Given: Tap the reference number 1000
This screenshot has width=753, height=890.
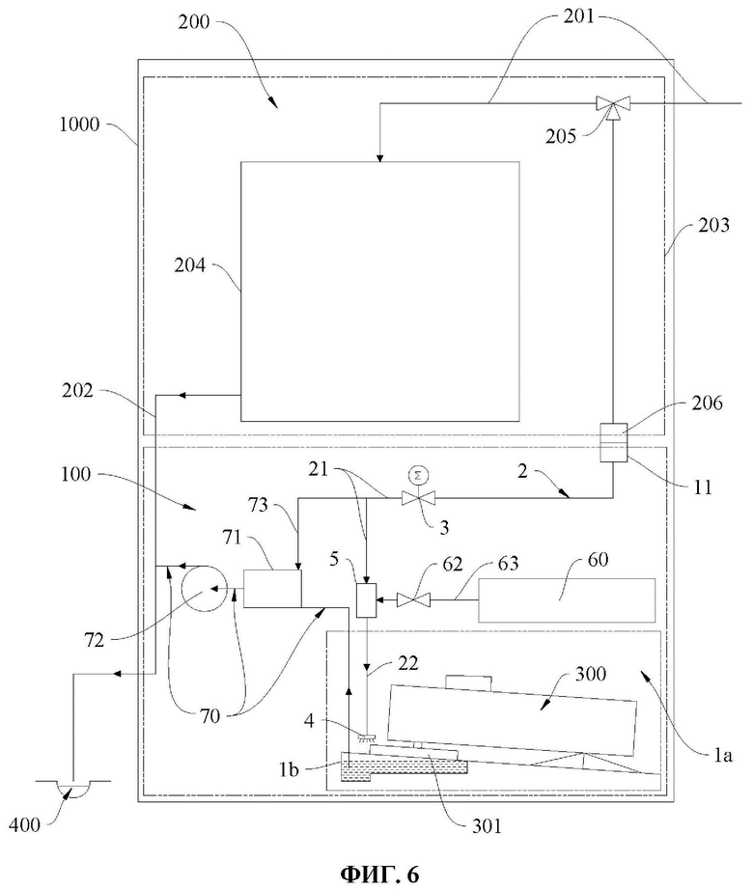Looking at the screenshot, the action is click(79, 125).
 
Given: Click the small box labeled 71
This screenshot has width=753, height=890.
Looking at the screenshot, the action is click(272, 588).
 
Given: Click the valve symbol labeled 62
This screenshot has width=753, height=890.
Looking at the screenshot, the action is click(413, 598).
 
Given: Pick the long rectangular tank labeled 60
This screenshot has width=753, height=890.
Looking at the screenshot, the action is click(567, 600).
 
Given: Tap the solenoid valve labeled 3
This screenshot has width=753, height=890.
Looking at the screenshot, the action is click(418, 498).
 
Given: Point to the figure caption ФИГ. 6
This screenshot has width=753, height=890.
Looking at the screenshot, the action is click(379, 875).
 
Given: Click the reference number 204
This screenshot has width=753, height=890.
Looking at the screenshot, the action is click(189, 265).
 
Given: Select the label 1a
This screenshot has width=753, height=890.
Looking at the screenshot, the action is click(722, 756).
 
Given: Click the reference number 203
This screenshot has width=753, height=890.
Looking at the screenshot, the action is click(713, 225).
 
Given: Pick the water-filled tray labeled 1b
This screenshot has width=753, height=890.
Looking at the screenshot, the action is click(404, 766).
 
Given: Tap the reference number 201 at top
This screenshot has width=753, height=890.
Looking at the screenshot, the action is click(579, 15).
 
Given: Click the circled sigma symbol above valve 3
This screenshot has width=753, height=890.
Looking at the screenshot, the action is click(418, 475).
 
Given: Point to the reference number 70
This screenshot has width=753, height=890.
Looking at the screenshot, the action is click(209, 715).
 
